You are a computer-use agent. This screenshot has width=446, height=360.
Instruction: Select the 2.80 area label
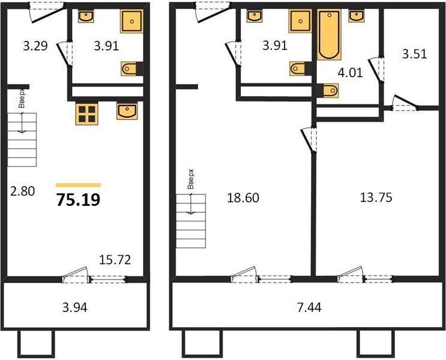(22, 192)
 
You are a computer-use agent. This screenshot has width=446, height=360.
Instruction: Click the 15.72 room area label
(115, 260)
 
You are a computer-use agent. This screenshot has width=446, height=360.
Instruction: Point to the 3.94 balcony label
(75, 308)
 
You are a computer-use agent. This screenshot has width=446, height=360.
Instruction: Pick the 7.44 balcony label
(309, 308)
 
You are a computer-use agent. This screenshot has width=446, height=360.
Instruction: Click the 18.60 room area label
(243, 197)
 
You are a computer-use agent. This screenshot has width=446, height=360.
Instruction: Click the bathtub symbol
(328, 35)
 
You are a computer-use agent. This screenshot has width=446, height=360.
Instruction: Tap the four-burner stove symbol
(87, 113)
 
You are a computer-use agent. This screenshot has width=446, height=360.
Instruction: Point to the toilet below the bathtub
(329, 91)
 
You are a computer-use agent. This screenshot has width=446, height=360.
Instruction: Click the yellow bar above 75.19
(78, 185)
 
